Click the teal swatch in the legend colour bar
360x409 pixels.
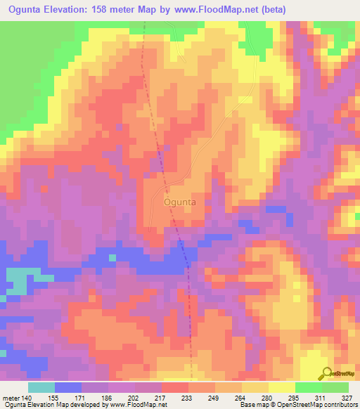[x=41, y=387]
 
